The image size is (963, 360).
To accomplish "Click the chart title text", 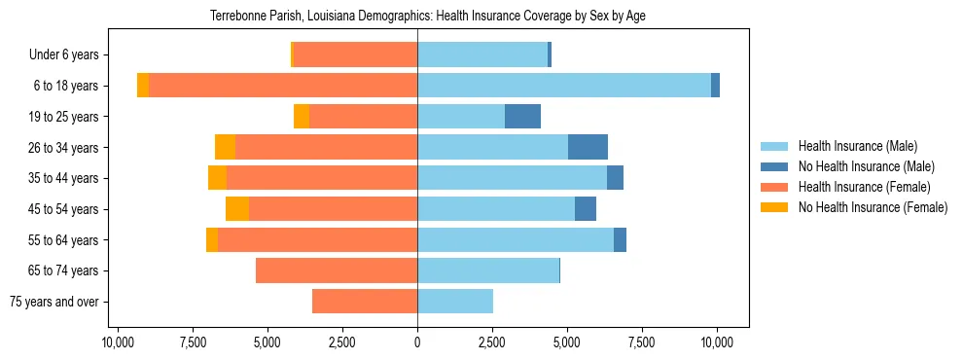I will (x=428, y=16).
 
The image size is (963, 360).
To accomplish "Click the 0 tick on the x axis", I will (x=417, y=342).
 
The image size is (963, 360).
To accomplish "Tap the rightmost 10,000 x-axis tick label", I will (x=717, y=342).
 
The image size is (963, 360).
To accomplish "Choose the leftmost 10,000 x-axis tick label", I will (x=118, y=342).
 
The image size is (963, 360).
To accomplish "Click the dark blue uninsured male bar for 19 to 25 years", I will (x=522, y=117).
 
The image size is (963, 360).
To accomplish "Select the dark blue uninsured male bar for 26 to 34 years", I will (x=588, y=147).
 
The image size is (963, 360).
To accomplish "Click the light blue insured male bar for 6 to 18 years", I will (x=564, y=86).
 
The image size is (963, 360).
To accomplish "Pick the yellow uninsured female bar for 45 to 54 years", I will (x=237, y=209).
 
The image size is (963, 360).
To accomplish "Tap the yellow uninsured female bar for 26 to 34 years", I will (x=225, y=147).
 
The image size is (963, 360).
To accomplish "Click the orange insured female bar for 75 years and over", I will (x=365, y=302).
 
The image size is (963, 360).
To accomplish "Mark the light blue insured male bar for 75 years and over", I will (x=455, y=302).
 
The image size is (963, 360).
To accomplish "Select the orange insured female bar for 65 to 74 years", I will (x=337, y=270).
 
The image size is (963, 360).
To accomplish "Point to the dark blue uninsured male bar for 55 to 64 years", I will (x=620, y=239).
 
